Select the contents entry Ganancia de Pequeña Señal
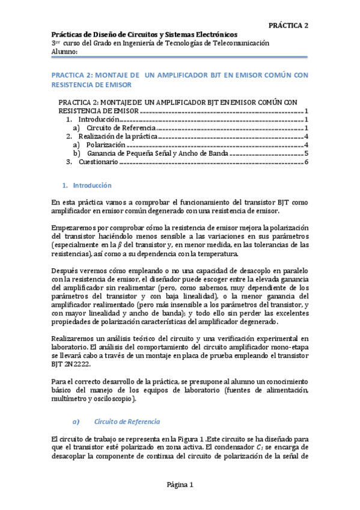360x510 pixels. pos(140,153)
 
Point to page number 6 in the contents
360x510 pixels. pos(306,162)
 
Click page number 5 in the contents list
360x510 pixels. pos(306,153)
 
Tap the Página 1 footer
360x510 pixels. pos(179,485)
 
